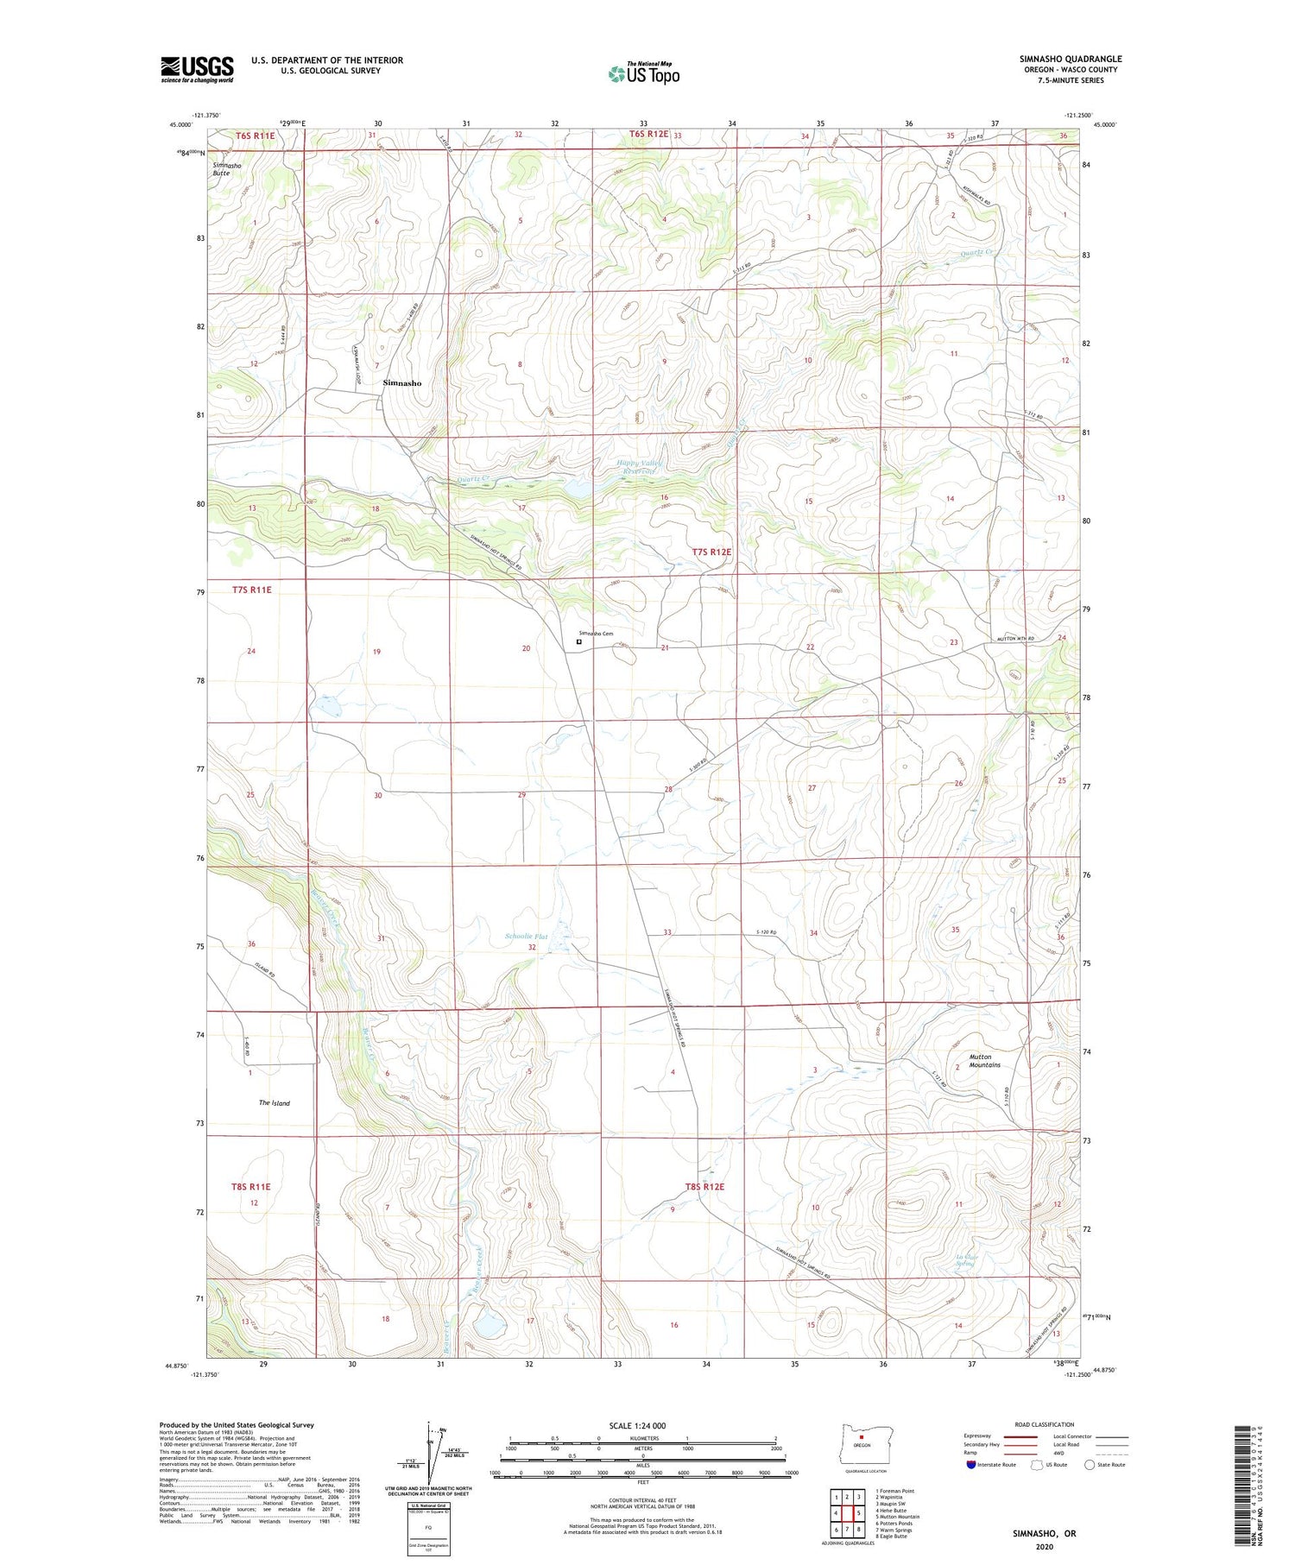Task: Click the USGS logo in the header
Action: point(197,69)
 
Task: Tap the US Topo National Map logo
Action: point(644,73)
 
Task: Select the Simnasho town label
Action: point(402,382)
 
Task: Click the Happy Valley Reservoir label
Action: point(637,467)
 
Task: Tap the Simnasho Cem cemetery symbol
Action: point(578,641)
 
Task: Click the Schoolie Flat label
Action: point(526,936)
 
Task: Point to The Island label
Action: point(275,1103)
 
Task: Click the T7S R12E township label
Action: point(711,552)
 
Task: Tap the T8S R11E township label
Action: point(251,1187)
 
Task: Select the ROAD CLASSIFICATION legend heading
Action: point(1045,1424)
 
